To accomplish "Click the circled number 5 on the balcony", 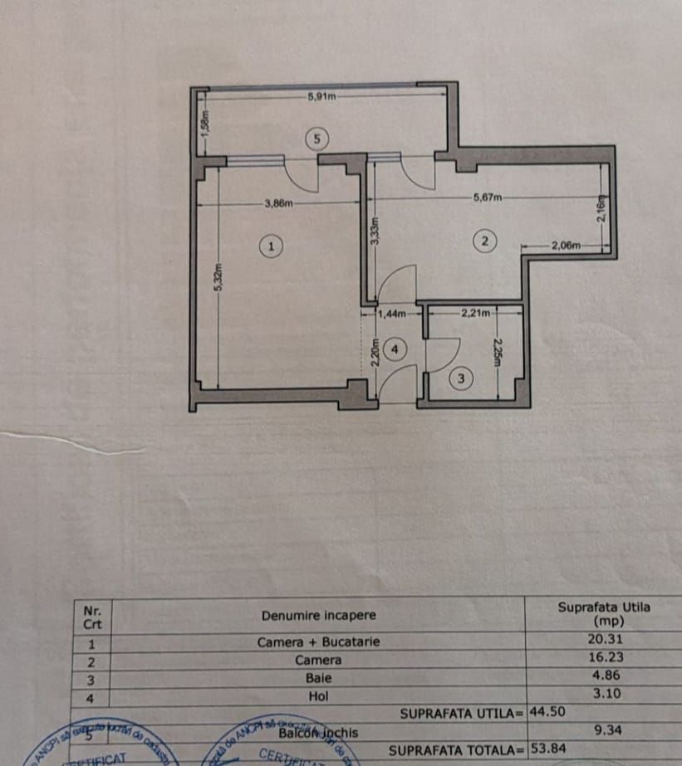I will coord(315,139).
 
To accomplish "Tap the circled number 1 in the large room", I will coord(269,246).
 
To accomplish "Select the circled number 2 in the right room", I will coord(483,241).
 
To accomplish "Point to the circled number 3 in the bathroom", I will coord(462,378).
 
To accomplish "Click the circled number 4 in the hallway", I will coord(395,349).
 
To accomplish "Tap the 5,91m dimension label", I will coord(321,96).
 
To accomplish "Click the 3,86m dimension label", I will coord(278,202).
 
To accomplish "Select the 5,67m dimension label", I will coord(487,198).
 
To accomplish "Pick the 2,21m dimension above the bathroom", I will coord(474,314).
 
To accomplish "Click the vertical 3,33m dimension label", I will coord(375,230).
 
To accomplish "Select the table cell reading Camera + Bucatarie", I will coord(318,642).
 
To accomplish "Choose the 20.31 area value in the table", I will coord(603,640).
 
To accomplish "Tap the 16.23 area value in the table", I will coord(603,657).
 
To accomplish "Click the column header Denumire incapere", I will coord(318,616).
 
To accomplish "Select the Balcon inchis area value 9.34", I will coord(603,731).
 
